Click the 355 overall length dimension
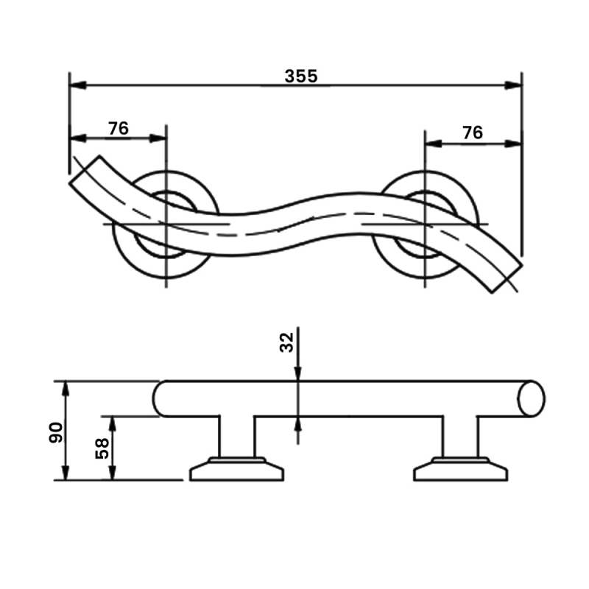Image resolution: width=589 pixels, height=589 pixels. [301, 76]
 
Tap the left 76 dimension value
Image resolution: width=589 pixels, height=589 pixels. [118, 128]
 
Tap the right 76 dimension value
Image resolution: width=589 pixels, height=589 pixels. [472, 132]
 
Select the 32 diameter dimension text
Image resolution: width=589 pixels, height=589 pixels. [288, 342]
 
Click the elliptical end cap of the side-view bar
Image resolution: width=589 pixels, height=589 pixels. [531, 398]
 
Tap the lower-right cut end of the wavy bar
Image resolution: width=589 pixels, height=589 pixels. [508, 278]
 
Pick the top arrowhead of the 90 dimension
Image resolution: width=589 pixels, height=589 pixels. [66, 387]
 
